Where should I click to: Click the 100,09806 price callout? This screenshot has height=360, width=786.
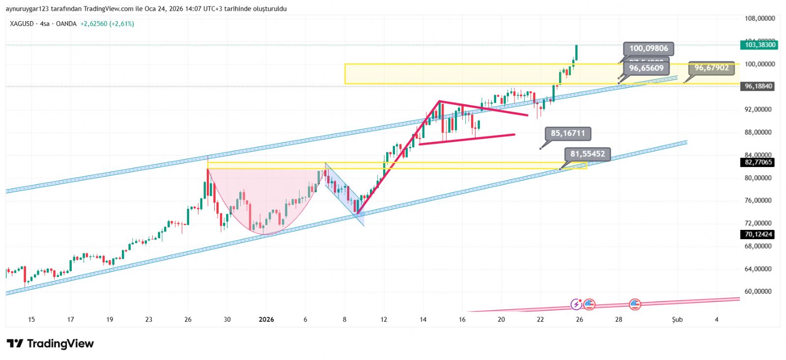tap(648, 49)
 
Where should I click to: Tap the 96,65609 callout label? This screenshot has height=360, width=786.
tap(646, 68)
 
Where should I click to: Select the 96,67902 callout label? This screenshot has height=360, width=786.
tap(711, 68)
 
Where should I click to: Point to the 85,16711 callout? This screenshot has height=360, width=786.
tap(568, 133)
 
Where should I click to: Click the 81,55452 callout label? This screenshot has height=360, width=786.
tap(588, 154)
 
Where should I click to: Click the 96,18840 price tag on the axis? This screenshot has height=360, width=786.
tap(758, 86)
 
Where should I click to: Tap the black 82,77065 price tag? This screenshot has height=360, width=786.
tap(758, 162)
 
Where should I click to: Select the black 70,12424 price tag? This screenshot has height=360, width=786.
tap(758, 234)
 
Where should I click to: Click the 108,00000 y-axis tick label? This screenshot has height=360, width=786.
tap(759, 19)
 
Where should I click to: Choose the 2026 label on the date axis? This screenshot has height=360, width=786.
tap(266, 320)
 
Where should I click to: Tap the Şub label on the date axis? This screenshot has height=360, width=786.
tap(677, 320)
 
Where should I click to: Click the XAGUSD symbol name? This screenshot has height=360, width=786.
tap(22, 24)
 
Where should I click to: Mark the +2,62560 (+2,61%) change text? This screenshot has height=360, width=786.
tap(107, 24)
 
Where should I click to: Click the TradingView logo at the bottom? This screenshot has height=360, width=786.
tap(51, 344)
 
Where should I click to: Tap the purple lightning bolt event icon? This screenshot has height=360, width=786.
tap(576, 305)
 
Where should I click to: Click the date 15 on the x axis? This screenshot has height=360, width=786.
tap(31, 320)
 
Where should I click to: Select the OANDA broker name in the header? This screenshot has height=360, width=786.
tap(66, 24)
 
